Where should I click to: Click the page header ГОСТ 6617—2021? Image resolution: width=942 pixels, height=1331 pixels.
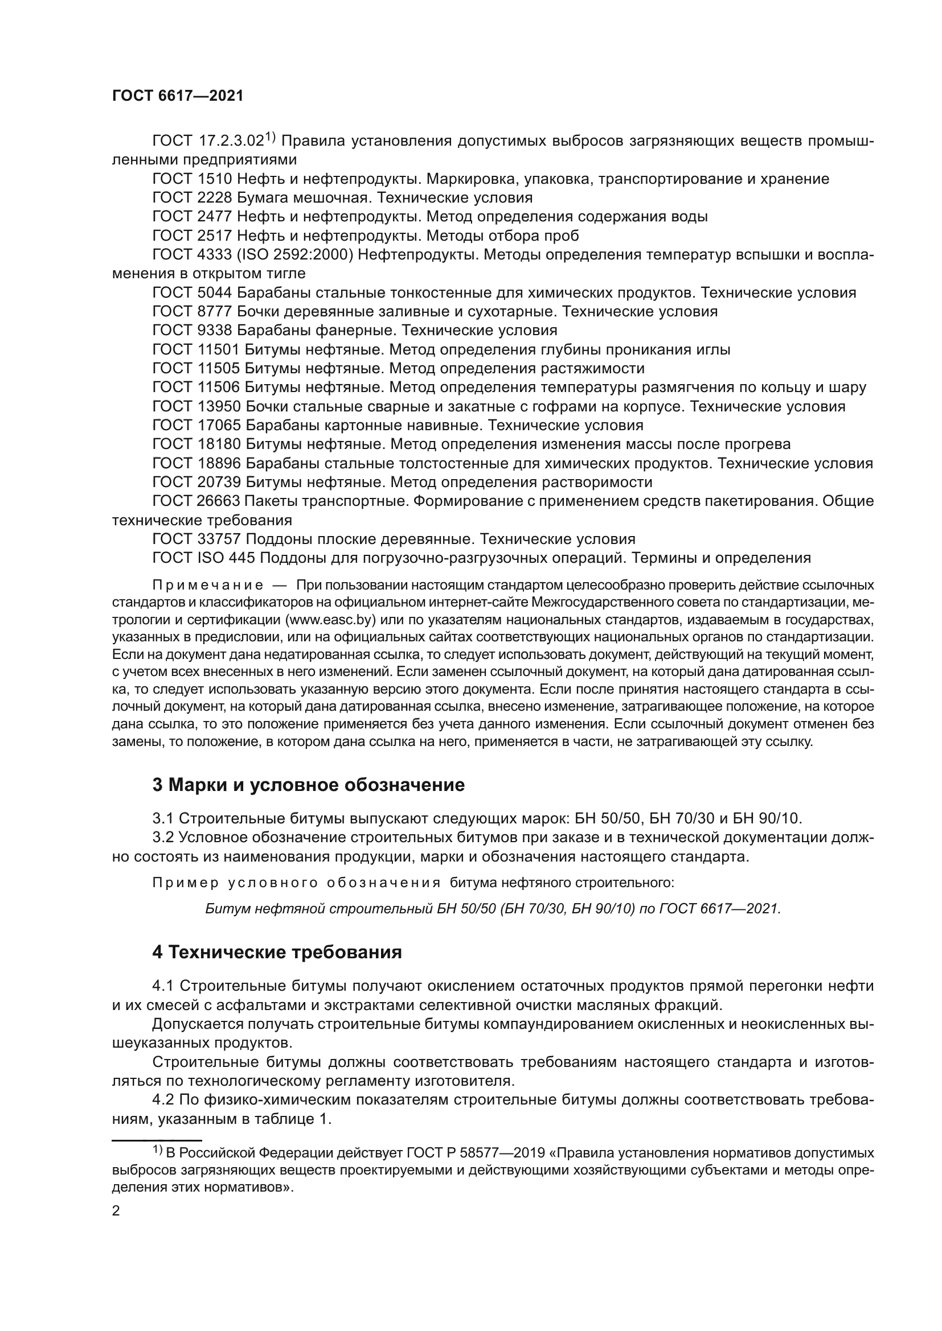pos(178,96)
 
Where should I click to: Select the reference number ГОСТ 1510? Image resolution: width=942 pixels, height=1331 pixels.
pos(192,179)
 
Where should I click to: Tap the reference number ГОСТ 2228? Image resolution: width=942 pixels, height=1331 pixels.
pos(192,198)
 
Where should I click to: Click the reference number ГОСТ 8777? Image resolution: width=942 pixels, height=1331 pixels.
pos(192,312)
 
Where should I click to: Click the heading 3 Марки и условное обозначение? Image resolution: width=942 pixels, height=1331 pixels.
pos(308,785)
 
